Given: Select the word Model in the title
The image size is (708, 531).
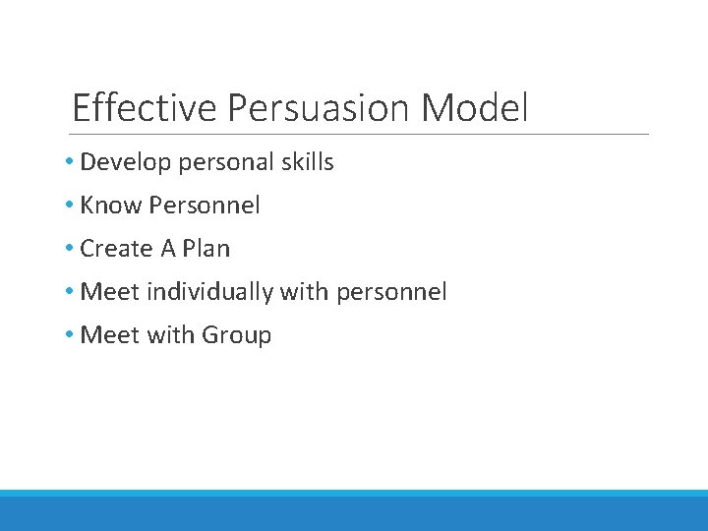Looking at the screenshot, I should [x=475, y=107].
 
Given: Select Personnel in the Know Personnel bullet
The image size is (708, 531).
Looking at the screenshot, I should [x=205, y=206].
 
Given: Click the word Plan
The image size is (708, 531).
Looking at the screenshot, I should [x=206, y=249].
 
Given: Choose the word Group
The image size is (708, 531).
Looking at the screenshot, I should [x=236, y=335].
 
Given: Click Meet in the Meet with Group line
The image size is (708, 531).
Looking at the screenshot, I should [x=110, y=335].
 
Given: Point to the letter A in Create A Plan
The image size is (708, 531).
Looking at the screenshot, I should [x=168, y=249].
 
